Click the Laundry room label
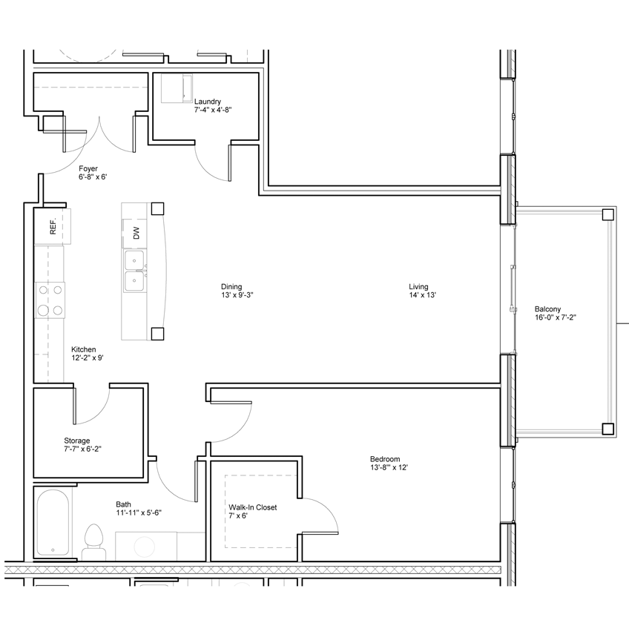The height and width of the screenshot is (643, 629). tap(208, 102)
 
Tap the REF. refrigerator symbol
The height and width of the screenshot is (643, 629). tap(53, 226)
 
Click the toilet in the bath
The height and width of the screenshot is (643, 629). tap(94, 542)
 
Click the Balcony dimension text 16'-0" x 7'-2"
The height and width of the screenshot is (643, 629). tap(555, 317)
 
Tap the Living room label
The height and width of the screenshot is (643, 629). tap(418, 287)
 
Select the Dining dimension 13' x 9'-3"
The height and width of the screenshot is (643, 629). tap(237, 295)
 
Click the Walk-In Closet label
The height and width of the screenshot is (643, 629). tap(253, 507)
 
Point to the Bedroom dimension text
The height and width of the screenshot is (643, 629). tap(389, 467)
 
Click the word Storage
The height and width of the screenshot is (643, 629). tap(76, 441)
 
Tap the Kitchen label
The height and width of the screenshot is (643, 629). tap(84, 349)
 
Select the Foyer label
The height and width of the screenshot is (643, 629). tap(88, 168)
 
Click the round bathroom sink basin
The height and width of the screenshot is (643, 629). tap(145, 547)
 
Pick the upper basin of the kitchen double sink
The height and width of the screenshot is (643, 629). tap(134, 260)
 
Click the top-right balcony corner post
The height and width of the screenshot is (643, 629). tap(608, 214)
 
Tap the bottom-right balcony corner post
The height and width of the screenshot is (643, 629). tap(608, 429)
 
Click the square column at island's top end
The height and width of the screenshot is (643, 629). tap(157, 208)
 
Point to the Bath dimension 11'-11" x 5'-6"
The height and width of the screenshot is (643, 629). tap(139, 512)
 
